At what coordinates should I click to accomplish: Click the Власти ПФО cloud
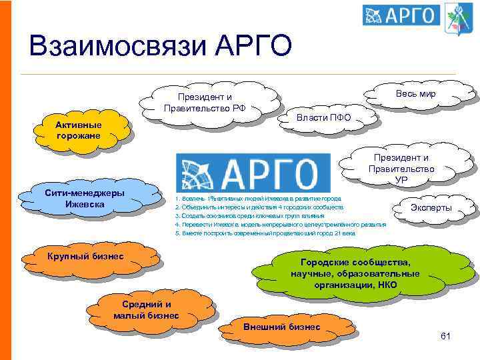point(323,117)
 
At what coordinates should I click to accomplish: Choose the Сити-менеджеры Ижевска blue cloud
point(84,198)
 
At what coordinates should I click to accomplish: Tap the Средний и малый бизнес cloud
point(142,310)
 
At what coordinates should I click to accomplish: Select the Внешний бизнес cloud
point(282,327)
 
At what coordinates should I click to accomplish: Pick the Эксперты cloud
point(431,208)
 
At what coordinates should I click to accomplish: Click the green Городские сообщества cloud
point(355,274)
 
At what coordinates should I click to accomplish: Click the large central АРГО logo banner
point(253,172)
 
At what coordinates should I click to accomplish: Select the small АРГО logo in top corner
point(401,15)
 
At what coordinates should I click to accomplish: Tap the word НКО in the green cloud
point(386,285)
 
